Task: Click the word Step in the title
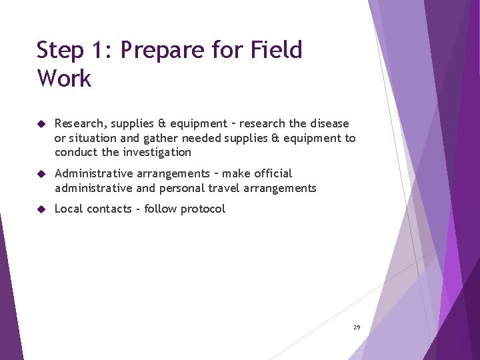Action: [60, 51]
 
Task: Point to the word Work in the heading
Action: [64, 79]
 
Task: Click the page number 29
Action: [357, 327]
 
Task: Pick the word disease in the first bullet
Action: [327, 124]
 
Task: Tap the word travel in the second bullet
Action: [223, 188]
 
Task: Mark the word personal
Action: [181, 188]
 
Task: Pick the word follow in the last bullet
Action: [161, 209]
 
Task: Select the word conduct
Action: [77, 152]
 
